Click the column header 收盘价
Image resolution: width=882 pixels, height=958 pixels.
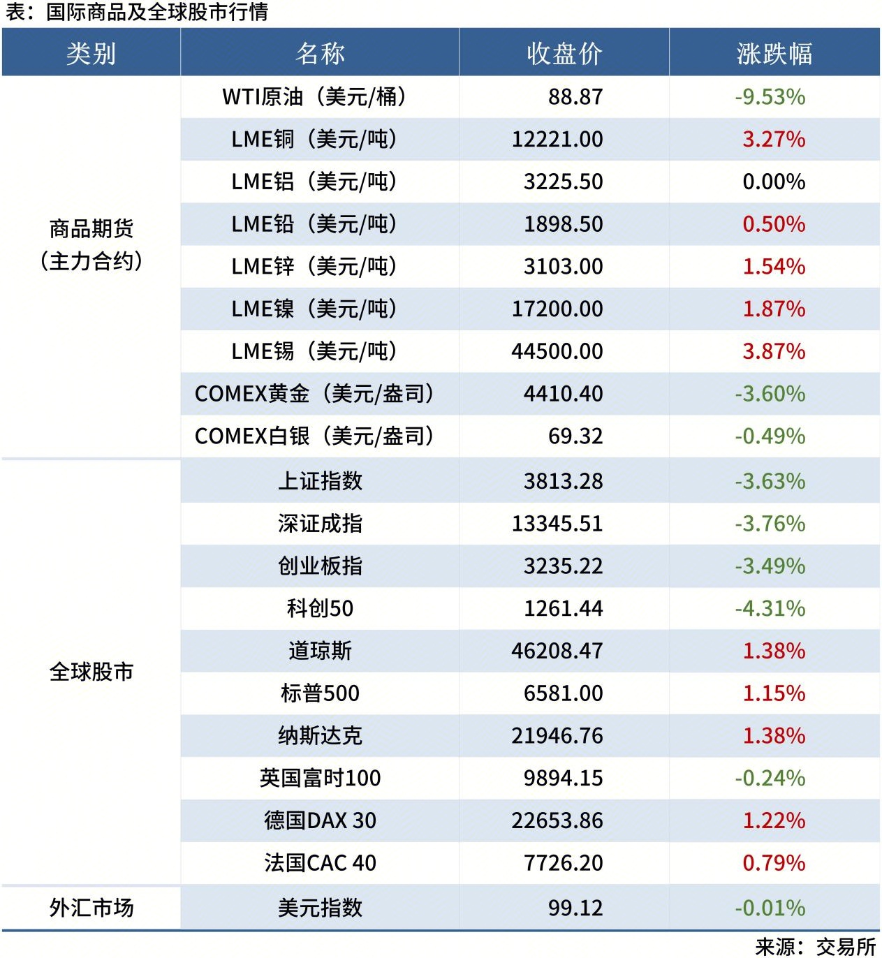pyautogui.click(x=564, y=54)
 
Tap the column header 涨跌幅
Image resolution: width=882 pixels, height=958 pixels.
pyautogui.click(x=774, y=54)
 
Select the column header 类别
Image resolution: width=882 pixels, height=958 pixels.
pyautogui.click(x=91, y=54)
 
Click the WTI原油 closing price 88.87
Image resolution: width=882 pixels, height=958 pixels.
pyautogui.click(x=575, y=97)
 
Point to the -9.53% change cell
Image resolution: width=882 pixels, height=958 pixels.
pyautogui.click(x=770, y=97)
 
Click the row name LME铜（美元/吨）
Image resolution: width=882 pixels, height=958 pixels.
pyautogui.click(x=314, y=140)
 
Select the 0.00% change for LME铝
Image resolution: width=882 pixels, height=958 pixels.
pyautogui.click(x=774, y=182)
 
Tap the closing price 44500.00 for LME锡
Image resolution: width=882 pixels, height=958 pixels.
pyautogui.click(x=557, y=351)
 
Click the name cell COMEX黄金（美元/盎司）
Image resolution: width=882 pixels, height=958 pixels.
pyautogui.click(x=314, y=394)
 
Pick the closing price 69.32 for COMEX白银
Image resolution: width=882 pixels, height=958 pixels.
pyautogui.click(x=575, y=436)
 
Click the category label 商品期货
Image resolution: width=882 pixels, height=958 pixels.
pyautogui.click(x=91, y=228)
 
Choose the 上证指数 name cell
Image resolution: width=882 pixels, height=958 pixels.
pyautogui.click(x=320, y=481)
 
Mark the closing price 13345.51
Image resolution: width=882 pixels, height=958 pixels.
pyautogui.click(x=557, y=524)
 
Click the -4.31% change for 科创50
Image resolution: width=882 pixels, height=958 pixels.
pyautogui.click(x=770, y=609)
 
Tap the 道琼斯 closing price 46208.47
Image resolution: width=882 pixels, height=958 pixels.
pyautogui.click(x=557, y=651)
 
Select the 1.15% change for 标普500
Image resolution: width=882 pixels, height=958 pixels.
pyautogui.click(x=774, y=693)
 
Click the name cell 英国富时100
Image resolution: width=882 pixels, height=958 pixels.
pyautogui.click(x=320, y=779)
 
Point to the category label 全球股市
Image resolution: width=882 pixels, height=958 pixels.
pyautogui.click(x=91, y=672)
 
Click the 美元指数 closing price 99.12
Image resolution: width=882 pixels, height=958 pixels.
pyautogui.click(x=575, y=908)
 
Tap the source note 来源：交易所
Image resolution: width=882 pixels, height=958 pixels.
pyautogui.click(x=815, y=947)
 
